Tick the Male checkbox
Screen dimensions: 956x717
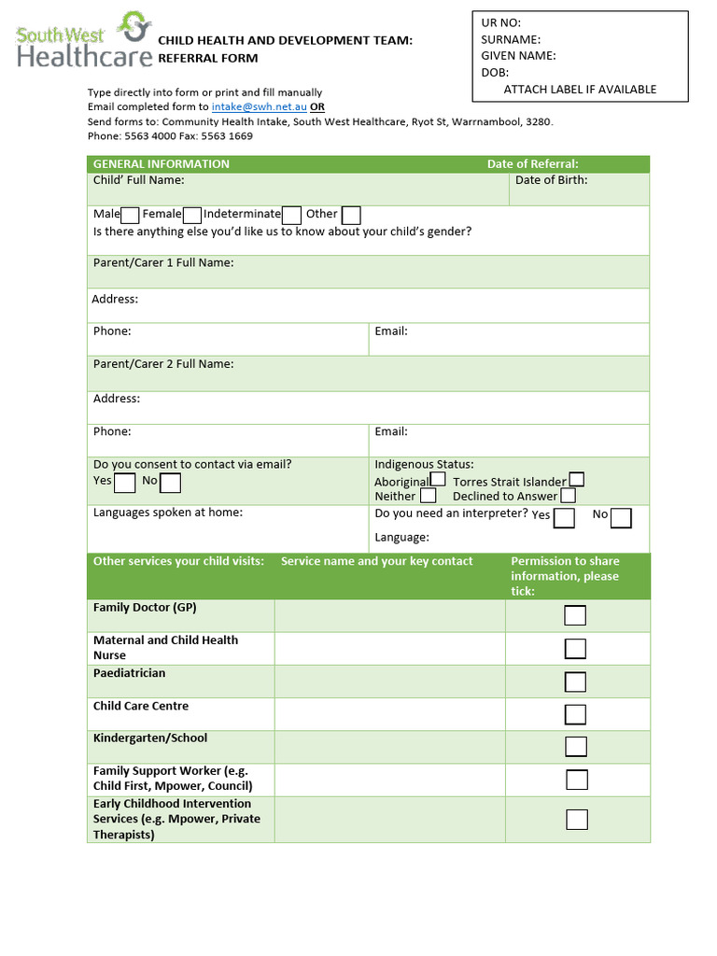(131, 216)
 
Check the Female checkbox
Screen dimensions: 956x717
(192, 216)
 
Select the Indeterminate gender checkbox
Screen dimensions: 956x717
(291, 216)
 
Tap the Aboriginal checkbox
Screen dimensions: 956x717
(438, 480)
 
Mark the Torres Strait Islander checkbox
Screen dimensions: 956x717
(577, 480)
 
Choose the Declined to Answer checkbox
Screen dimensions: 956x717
(568, 496)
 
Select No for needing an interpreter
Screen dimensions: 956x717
(621, 518)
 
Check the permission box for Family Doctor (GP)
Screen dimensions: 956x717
(575, 615)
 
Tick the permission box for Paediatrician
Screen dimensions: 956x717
(575, 682)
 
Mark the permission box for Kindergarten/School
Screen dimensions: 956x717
(576, 747)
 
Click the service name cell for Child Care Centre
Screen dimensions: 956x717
(389, 714)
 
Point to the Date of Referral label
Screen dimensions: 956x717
(532, 164)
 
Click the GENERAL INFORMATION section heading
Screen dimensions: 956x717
(161, 164)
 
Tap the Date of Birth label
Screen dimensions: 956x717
(551, 180)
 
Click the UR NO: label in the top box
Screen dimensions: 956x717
(500, 23)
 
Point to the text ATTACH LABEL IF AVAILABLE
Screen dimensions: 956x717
(580, 90)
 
